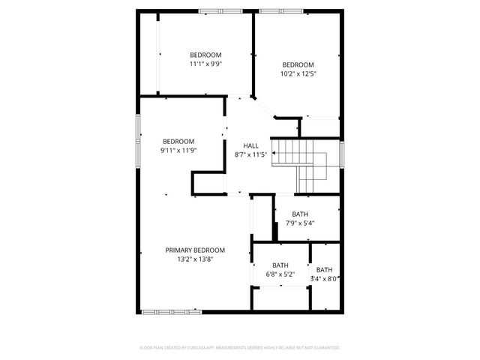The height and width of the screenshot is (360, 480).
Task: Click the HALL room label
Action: point(250,145)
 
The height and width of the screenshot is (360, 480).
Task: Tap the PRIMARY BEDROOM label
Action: point(195,250)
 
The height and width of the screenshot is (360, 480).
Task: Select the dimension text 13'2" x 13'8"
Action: point(195,259)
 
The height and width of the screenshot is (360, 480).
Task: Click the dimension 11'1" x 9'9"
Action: point(205,64)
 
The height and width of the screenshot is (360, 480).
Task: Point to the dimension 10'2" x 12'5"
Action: point(298,73)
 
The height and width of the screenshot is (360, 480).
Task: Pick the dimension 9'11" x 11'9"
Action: point(178,151)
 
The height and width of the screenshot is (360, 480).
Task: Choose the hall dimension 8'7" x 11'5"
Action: point(250,155)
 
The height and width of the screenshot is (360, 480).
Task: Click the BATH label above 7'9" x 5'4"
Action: point(300,214)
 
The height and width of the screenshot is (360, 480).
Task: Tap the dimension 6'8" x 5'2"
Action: point(280,274)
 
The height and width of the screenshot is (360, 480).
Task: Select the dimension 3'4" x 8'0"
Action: point(325,279)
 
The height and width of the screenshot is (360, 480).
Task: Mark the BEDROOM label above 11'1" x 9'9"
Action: point(205,55)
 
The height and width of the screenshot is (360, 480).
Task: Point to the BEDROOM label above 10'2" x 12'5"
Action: point(298,64)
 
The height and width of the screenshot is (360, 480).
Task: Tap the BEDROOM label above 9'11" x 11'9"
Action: point(178,142)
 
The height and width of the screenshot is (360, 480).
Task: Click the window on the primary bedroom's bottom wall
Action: point(171,311)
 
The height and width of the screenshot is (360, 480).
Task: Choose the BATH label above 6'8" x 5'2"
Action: point(280,265)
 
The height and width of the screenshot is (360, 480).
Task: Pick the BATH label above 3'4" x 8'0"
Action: point(325,270)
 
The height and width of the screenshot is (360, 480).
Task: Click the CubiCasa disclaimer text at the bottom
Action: point(240,348)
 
